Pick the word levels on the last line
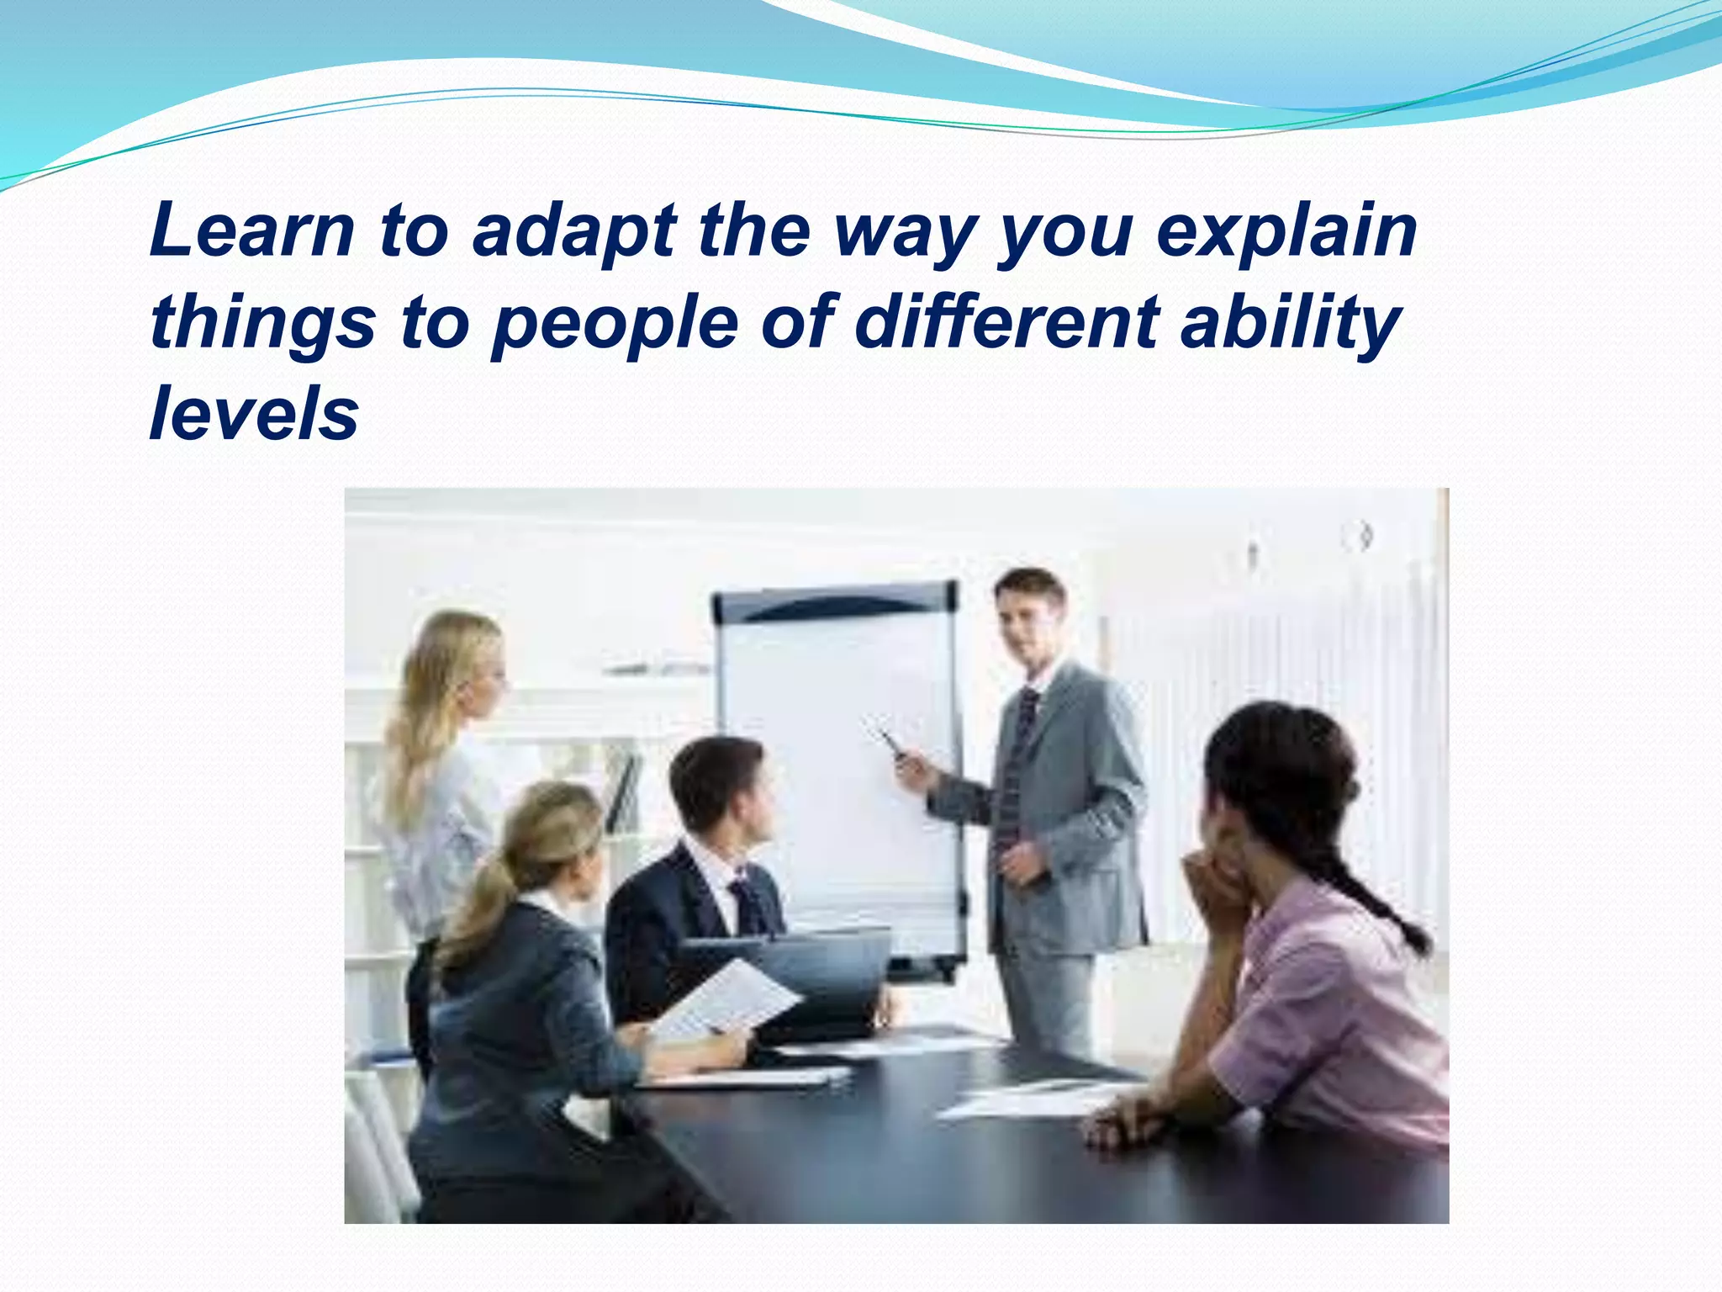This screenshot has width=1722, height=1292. click(x=254, y=414)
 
